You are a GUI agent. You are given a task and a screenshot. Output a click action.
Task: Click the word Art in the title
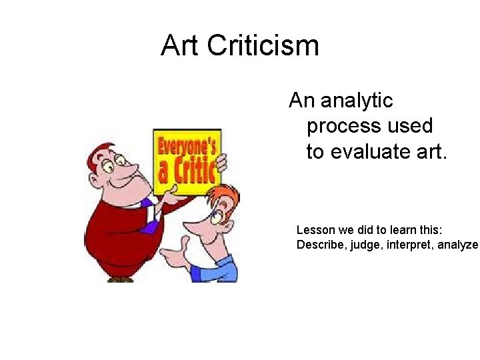point(180,46)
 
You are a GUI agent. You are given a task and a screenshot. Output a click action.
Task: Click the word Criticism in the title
point(263,46)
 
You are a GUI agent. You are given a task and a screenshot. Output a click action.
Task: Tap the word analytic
point(357,101)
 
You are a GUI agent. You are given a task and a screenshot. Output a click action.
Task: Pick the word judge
point(368,245)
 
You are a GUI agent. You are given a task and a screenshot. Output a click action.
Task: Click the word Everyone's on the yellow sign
point(187,145)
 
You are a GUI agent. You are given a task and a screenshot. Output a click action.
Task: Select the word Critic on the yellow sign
point(193,170)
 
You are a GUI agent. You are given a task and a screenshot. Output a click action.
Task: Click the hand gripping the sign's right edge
point(222,162)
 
